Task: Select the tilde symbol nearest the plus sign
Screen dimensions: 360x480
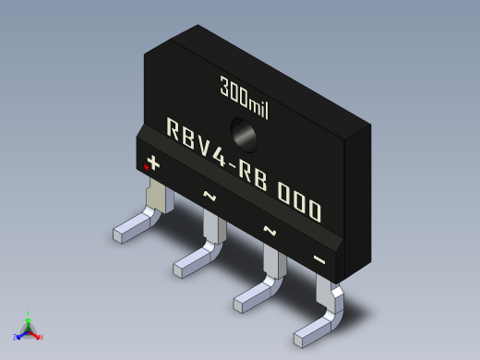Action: [210, 196]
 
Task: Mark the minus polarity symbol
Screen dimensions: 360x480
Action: [319, 259]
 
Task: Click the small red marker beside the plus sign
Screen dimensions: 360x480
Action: [146, 168]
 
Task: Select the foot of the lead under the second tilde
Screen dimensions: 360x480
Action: [253, 296]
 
